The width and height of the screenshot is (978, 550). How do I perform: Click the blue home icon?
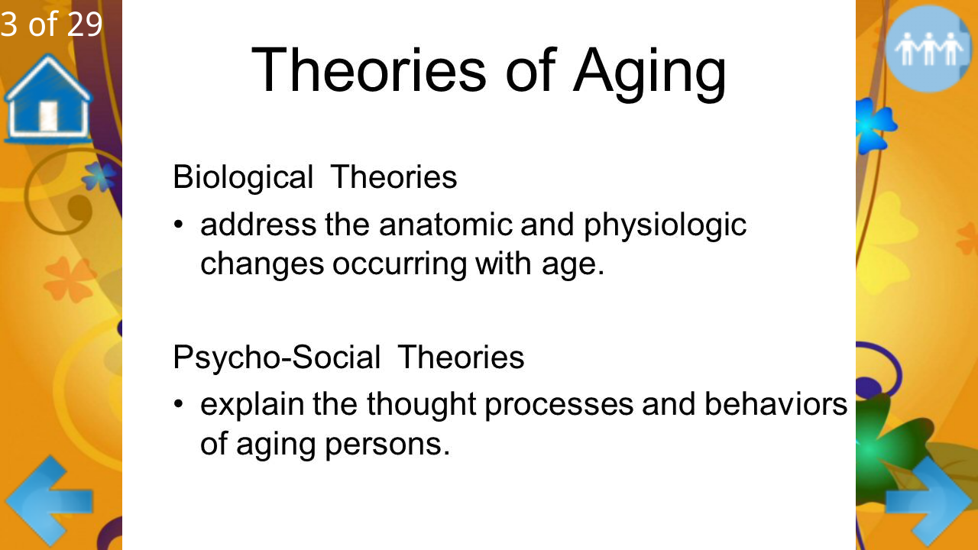coord(48,99)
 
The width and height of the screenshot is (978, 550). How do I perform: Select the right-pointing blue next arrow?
coord(929,502)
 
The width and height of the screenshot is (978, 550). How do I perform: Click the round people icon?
coord(928,49)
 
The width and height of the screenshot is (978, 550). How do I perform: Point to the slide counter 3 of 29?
coord(51,24)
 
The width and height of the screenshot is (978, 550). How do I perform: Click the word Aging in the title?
coord(649,71)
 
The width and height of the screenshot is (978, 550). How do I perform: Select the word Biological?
coord(243,177)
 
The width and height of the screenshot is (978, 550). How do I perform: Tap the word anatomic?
coord(445,225)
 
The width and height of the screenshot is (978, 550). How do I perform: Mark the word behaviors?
coord(776,404)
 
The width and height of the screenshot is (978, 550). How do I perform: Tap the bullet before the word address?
coord(178,225)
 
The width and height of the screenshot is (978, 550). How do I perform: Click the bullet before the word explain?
coord(178,403)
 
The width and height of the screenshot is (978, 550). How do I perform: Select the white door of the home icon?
coord(48,116)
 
